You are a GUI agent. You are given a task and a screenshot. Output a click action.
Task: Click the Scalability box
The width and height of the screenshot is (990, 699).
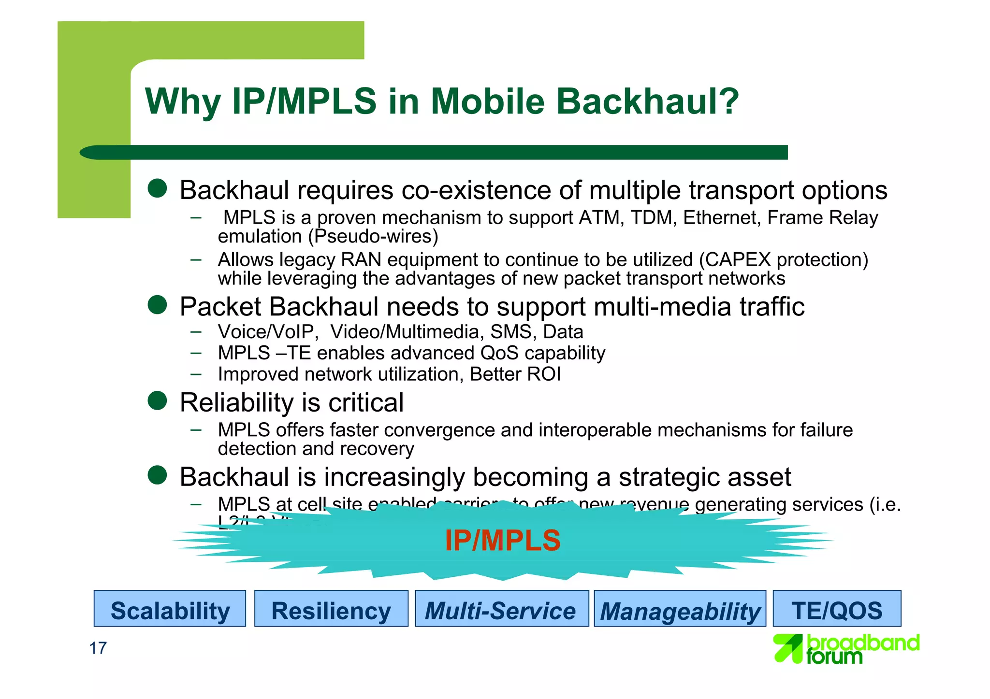click(170, 609)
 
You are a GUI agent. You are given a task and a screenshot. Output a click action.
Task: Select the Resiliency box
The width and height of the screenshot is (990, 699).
click(331, 609)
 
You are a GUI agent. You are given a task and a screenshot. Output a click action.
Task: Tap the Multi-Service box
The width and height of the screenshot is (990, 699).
click(501, 609)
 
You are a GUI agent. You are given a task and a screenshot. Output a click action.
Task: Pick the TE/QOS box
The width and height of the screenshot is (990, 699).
click(837, 609)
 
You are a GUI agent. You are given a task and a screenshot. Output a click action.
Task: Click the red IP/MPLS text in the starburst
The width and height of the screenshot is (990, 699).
click(502, 540)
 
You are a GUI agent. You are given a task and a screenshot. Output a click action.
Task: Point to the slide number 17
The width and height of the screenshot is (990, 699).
click(98, 648)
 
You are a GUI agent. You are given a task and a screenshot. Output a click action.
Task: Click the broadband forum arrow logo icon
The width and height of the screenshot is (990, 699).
click(788, 648)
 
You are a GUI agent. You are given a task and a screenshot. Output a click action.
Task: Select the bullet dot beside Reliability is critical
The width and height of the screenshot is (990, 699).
click(157, 400)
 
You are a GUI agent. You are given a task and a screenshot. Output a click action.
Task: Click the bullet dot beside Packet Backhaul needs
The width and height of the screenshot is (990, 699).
click(157, 305)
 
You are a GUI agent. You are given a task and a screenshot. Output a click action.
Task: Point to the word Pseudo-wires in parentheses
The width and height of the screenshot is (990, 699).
click(376, 237)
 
